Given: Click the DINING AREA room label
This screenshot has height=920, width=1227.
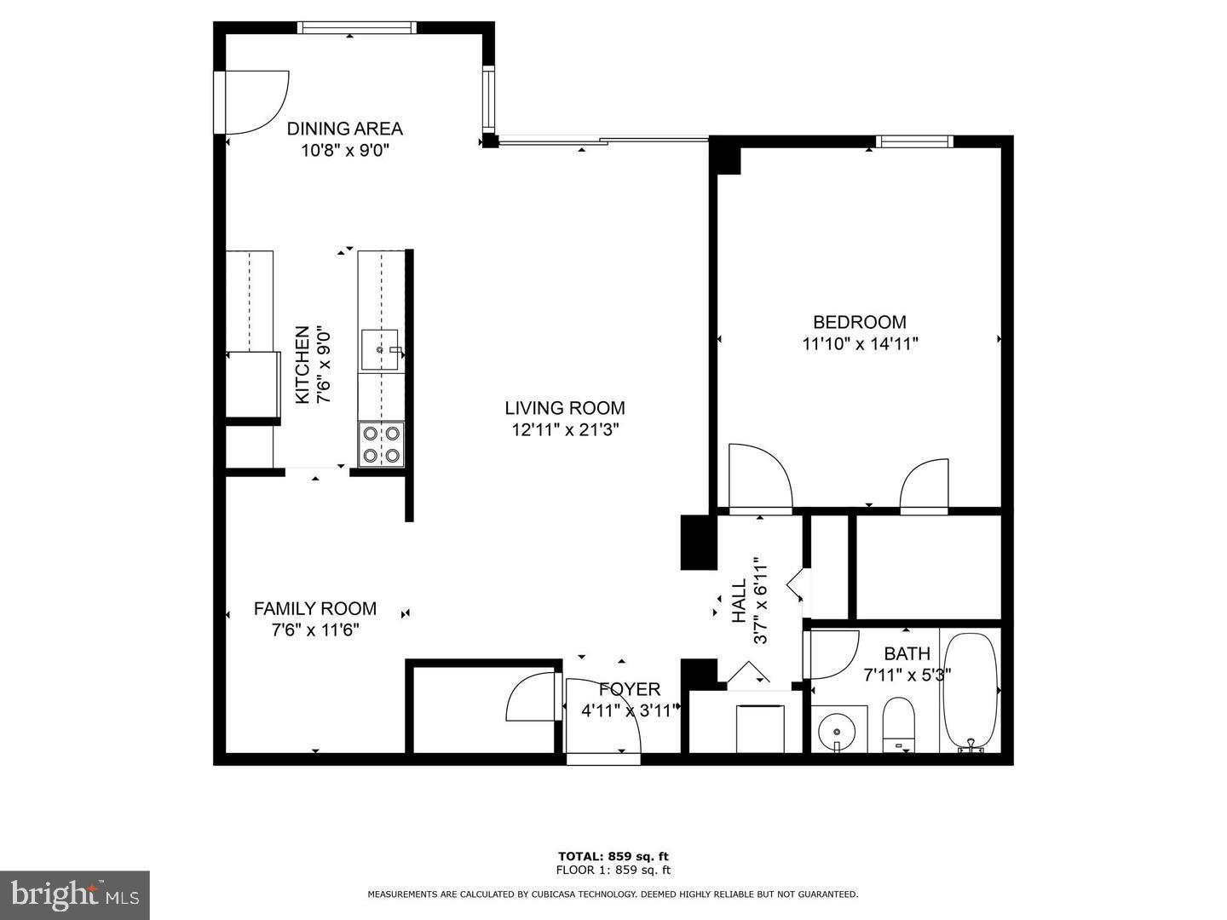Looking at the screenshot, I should (x=344, y=129).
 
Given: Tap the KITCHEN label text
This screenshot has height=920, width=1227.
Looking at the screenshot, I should (x=302, y=365).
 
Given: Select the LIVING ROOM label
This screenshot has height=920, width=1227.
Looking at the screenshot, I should (x=564, y=408).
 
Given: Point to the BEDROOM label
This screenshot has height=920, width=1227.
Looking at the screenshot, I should (x=859, y=322).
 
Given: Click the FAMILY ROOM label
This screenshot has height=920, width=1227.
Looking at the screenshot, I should (x=314, y=609).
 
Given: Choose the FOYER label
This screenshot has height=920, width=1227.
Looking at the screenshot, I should (x=629, y=689).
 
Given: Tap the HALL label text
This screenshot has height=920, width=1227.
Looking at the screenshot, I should (x=739, y=601).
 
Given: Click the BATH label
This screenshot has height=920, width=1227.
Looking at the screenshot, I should (x=907, y=654).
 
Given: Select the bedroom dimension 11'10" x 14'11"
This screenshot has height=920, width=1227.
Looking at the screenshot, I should (x=859, y=344).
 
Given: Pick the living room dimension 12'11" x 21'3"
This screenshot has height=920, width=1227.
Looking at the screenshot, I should (x=564, y=430).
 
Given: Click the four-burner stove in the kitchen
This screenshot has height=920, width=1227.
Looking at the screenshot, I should (x=380, y=444).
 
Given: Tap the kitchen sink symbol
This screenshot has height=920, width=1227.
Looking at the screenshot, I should (x=379, y=349).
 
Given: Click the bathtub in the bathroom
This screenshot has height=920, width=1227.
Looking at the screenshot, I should (x=970, y=691).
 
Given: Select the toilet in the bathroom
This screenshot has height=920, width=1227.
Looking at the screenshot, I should (x=897, y=724).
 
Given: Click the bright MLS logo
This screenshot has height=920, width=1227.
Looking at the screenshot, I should (x=75, y=894).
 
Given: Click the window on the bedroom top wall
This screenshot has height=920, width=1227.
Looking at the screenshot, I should (x=914, y=141).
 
